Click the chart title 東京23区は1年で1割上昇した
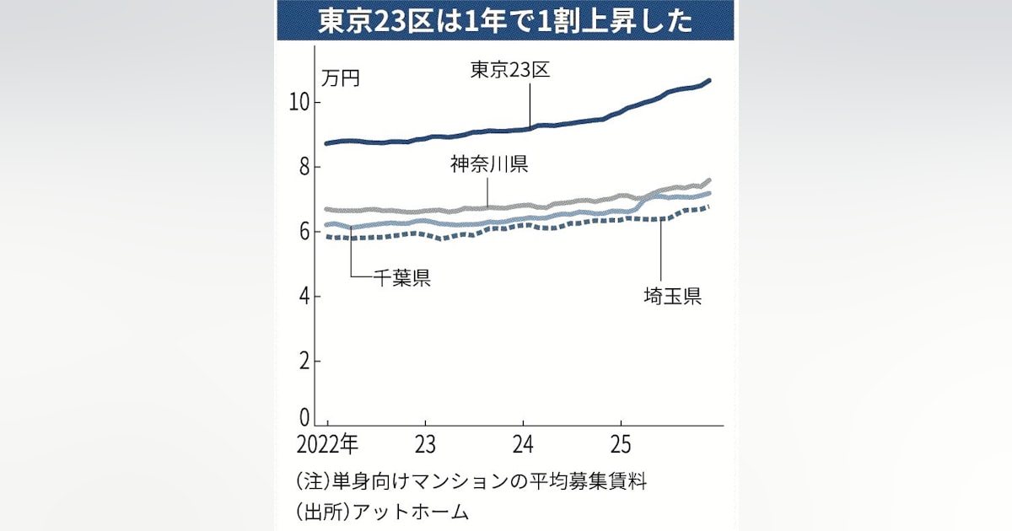(x=505, y=21)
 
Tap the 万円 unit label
(x=341, y=78)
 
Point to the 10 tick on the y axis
(x=300, y=103)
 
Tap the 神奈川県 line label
(x=489, y=165)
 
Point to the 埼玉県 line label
(x=670, y=297)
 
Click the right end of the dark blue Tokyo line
(x=709, y=80)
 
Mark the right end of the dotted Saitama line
(x=709, y=206)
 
